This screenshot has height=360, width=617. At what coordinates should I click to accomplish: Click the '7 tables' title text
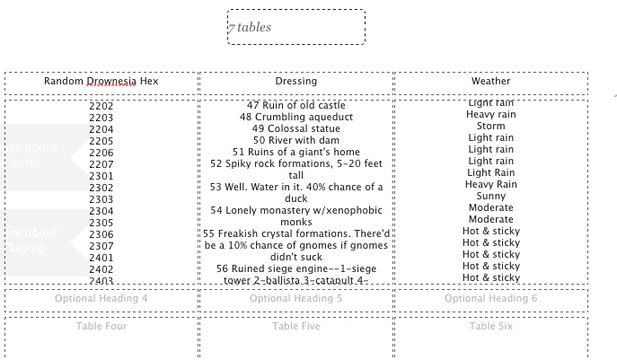250,28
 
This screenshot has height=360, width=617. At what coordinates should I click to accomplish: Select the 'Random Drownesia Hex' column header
101,82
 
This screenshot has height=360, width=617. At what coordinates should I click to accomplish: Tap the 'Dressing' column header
296,82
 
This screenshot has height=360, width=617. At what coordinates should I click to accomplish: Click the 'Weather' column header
490,82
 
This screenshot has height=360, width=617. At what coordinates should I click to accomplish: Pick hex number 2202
101,106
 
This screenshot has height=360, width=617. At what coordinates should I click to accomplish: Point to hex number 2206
101,153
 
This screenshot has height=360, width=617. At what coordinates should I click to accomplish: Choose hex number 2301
101,176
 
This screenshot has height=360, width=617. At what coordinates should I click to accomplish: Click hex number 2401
101,258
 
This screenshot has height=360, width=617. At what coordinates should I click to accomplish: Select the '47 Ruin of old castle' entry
296,106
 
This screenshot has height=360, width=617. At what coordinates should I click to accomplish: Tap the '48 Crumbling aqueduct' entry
296,118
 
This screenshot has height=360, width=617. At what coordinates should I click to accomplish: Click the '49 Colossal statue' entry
296,129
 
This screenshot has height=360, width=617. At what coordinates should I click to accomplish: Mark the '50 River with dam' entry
296,141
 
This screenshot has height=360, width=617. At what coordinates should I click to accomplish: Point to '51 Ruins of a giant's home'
296,153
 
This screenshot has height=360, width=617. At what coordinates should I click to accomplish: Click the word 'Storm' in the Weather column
490,127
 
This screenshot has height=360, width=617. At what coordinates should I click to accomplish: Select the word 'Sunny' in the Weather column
490,197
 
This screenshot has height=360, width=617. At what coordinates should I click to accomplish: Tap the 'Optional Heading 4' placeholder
101,298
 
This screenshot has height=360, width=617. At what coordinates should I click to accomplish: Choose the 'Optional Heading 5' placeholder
296,298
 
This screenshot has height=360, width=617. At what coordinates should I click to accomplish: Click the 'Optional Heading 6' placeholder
490,298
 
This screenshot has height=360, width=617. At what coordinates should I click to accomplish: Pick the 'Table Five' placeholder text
296,326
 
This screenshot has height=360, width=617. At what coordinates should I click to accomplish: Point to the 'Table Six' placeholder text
490,326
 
